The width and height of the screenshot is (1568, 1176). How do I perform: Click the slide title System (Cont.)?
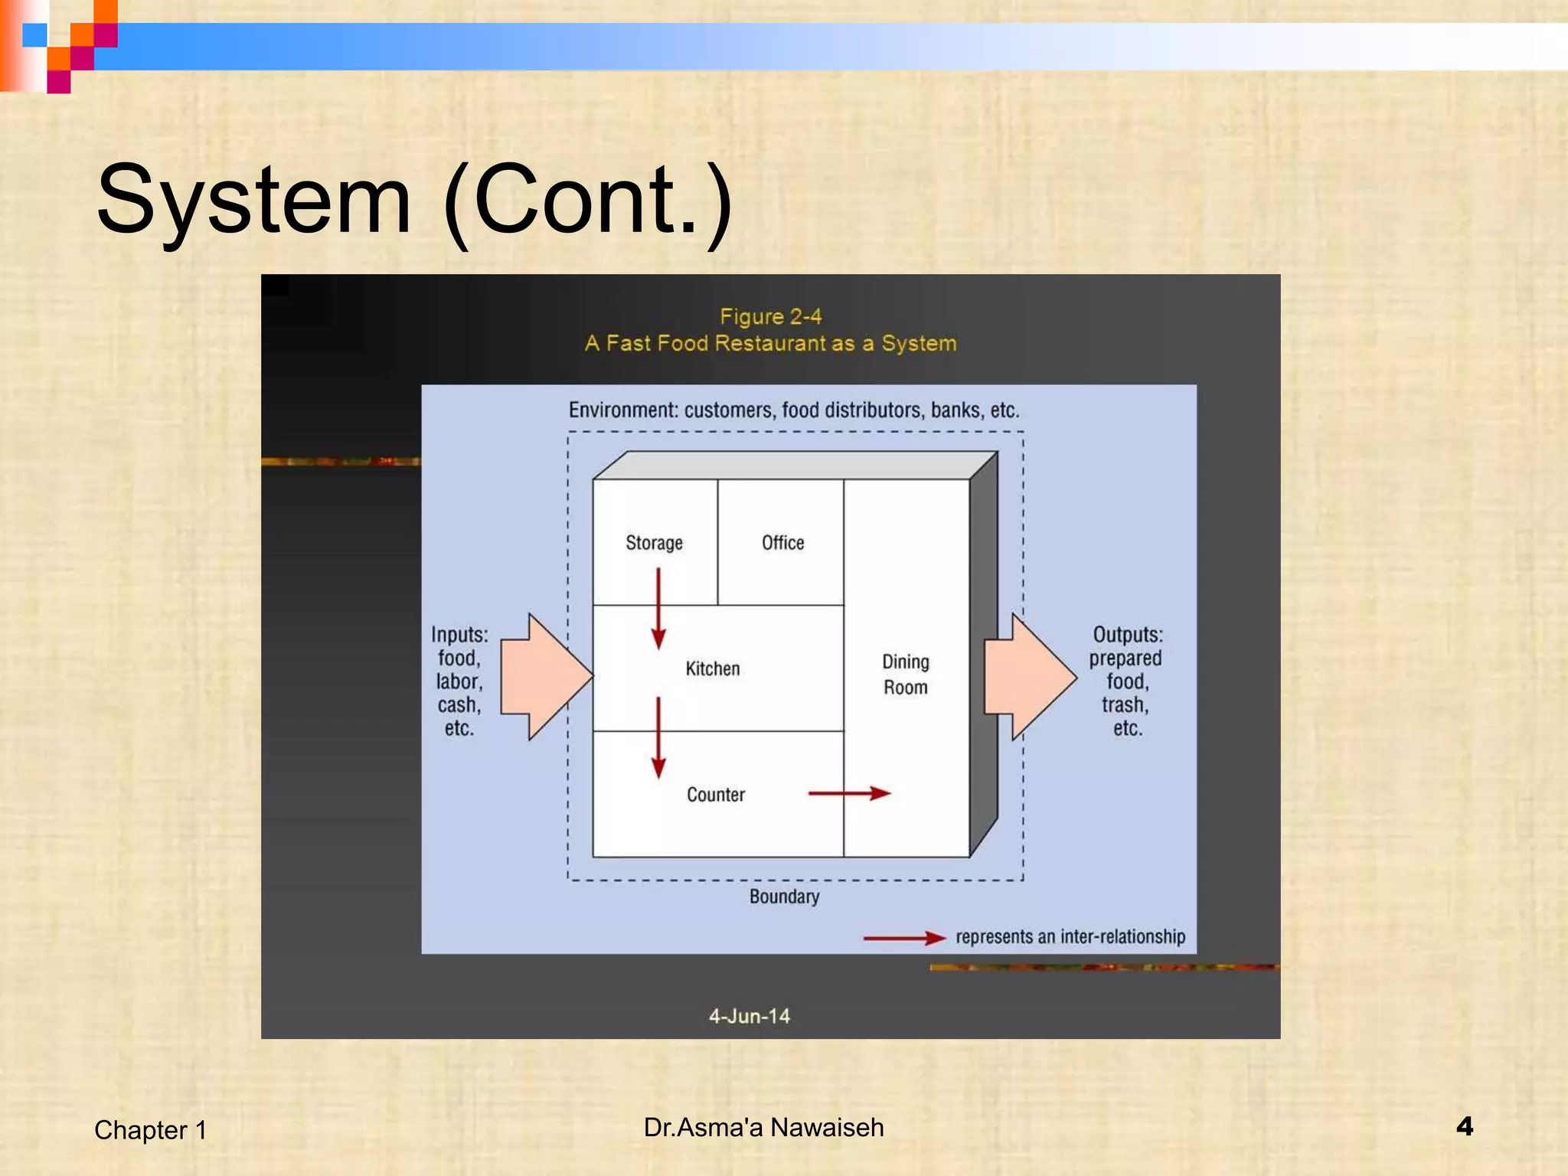tap(414, 201)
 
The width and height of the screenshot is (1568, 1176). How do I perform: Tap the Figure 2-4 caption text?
tap(770, 317)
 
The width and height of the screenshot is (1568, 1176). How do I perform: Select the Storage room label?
tap(654, 543)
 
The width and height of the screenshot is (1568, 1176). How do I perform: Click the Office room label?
tap(782, 543)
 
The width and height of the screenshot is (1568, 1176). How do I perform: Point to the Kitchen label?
tap(713, 669)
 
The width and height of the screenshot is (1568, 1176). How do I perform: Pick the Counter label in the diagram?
tap(716, 795)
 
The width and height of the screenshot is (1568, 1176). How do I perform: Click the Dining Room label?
tap(906, 675)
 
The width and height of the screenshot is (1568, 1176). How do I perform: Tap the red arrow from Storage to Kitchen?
tap(658, 609)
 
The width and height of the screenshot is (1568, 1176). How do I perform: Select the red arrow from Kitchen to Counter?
tap(658, 737)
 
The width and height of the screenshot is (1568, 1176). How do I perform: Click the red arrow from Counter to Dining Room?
tap(849, 793)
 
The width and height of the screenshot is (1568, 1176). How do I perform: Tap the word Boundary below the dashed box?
tap(784, 897)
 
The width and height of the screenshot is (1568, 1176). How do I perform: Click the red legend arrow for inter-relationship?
tap(904, 938)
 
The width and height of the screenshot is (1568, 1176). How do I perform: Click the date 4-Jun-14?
tap(749, 1016)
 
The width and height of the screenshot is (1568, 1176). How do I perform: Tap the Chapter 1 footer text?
tap(150, 1130)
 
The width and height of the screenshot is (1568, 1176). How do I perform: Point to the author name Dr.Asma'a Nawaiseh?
tap(763, 1128)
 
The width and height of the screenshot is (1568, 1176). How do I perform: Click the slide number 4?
tap(1465, 1126)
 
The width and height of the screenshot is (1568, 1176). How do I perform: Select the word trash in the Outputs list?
tap(1125, 705)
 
